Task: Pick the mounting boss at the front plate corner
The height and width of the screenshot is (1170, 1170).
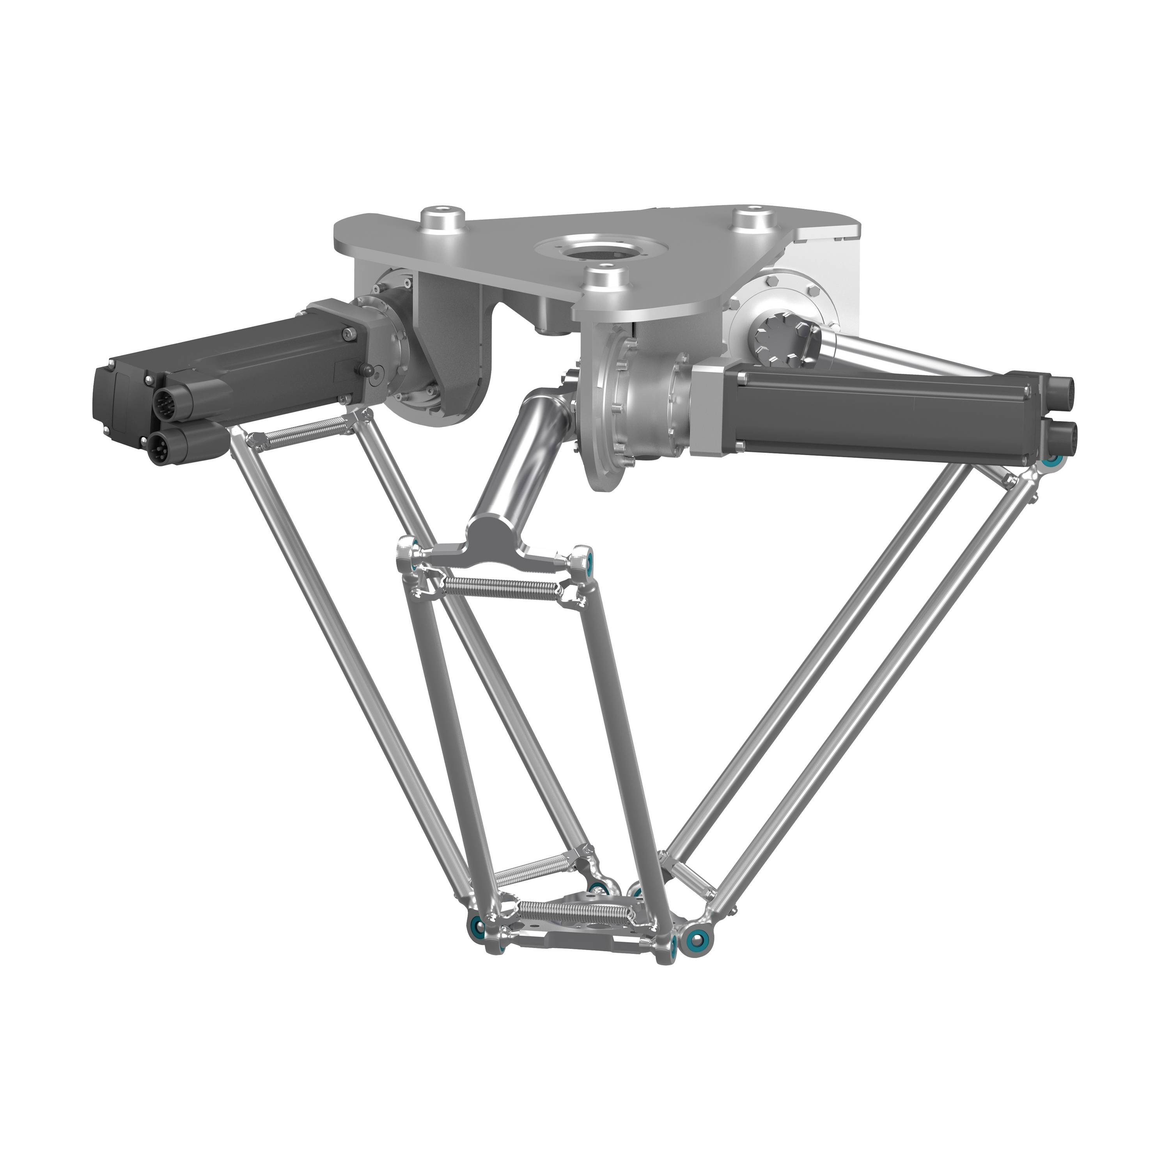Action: coord(606,280)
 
